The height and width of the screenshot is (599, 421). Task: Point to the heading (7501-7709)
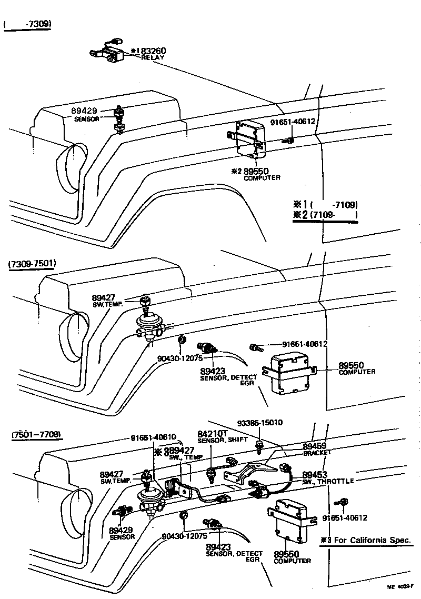coord(35,434)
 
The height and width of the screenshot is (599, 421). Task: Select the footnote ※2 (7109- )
coord(325,215)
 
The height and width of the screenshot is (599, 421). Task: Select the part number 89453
coord(315,474)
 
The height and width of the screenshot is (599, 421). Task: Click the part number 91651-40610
coord(157,438)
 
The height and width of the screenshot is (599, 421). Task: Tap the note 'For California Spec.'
coord(372,540)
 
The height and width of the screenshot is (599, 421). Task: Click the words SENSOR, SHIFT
coord(222,440)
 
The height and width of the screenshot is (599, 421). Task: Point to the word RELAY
coord(153,57)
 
